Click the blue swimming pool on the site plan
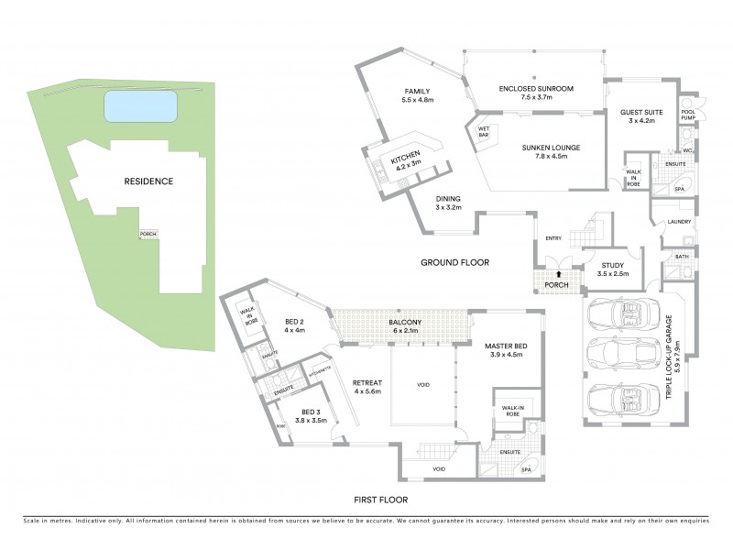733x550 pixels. tap(140, 107)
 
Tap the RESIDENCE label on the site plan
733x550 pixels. tap(148, 181)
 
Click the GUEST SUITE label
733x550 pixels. tap(640, 113)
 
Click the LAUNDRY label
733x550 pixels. tap(679, 222)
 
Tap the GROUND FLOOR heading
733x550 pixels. tap(454, 262)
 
